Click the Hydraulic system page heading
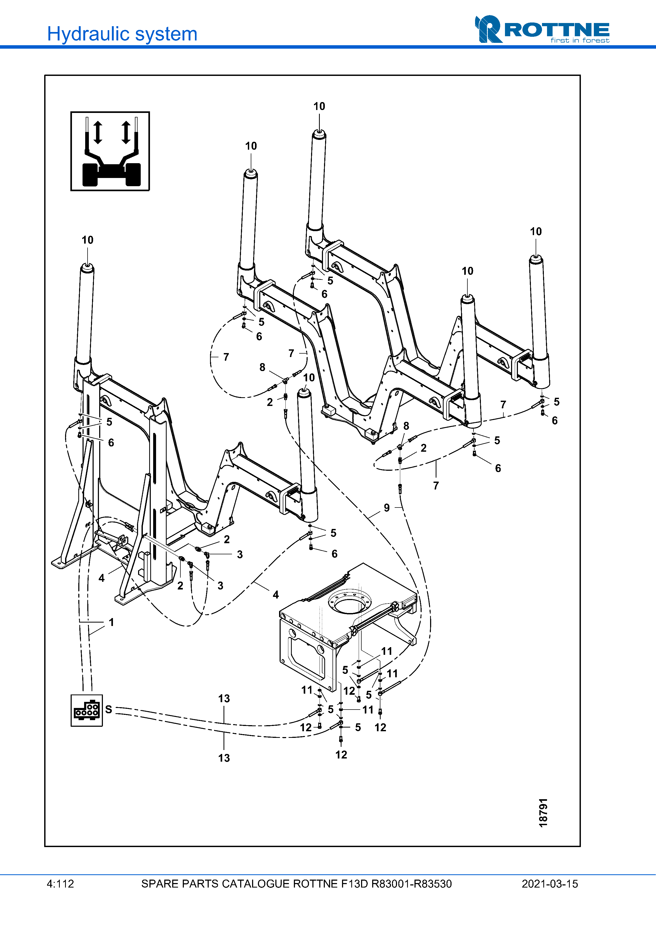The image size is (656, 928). pos(122,34)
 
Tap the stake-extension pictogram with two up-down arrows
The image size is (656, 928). pos(110,151)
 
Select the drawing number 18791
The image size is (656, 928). pos(543,812)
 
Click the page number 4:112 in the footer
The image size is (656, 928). pos(60,884)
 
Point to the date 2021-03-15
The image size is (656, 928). pos(550,884)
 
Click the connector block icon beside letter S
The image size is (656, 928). pos(86,710)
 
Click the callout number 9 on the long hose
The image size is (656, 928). pos(387,508)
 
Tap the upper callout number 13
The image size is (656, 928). pos(224,698)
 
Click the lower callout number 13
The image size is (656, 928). pos(224,758)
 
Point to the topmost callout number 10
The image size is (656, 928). pos(319,106)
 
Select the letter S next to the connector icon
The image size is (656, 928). pos(109,709)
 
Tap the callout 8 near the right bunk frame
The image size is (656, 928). pos(406,426)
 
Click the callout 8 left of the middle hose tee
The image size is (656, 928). pos(262,367)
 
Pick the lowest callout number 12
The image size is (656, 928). pos(341,755)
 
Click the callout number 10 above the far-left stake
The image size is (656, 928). pos(87,240)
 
